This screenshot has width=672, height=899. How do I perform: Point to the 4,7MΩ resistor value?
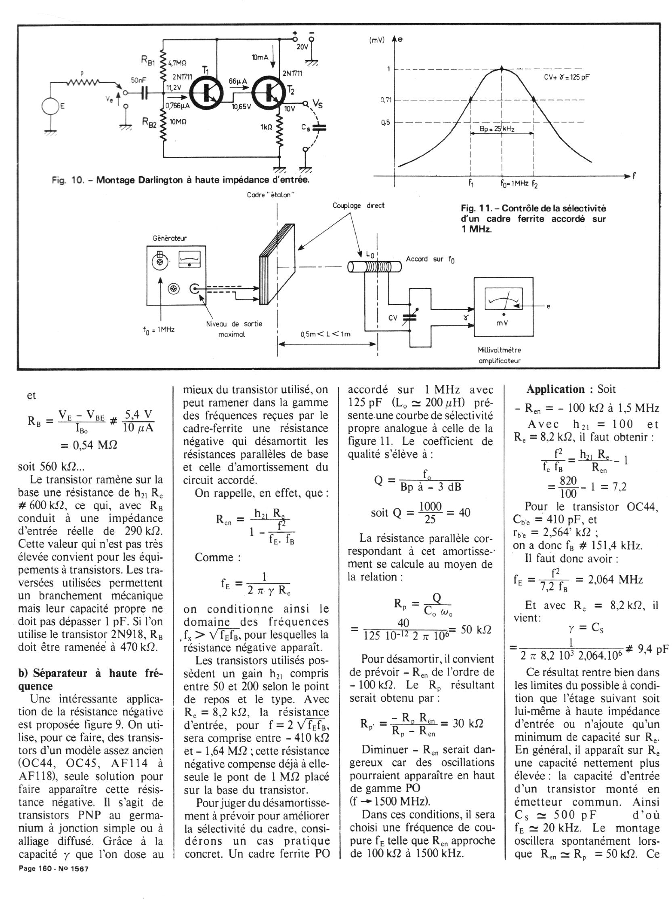click(177, 63)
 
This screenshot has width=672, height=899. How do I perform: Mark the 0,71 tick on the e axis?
click(385, 100)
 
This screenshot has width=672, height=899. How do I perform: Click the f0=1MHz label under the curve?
click(514, 183)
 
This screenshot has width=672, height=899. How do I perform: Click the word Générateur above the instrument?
click(170, 238)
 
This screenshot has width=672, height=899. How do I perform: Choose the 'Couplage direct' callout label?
click(358, 206)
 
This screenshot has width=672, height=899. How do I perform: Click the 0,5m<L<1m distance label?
click(325, 334)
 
